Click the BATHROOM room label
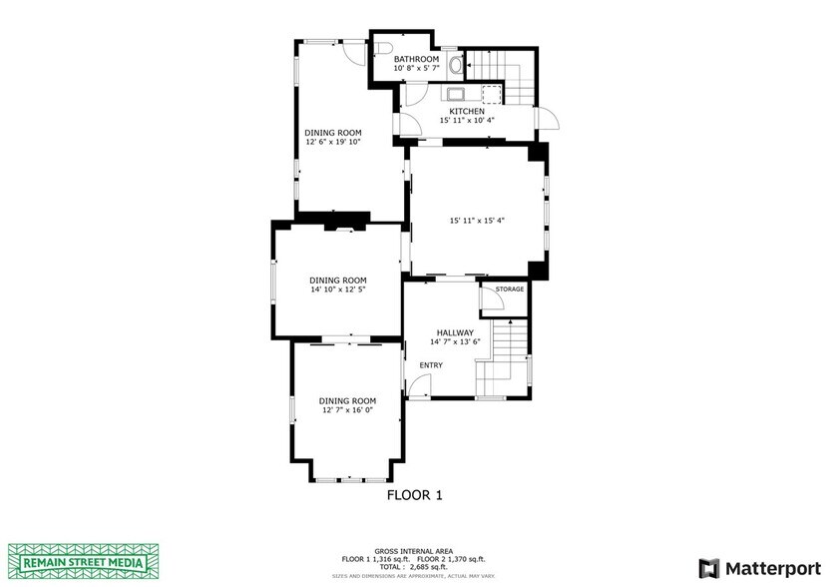(416, 59)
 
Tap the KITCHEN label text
(466, 111)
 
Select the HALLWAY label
(455, 332)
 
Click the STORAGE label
(510, 290)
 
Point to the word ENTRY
(430, 365)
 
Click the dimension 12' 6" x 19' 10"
(332, 142)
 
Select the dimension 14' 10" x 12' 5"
(337, 291)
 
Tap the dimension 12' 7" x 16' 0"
(348, 409)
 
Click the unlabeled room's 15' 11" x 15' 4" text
(477, 221)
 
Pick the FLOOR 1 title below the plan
(414, 494)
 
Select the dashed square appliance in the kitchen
(491, 93)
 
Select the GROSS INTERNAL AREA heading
(414, 550)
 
